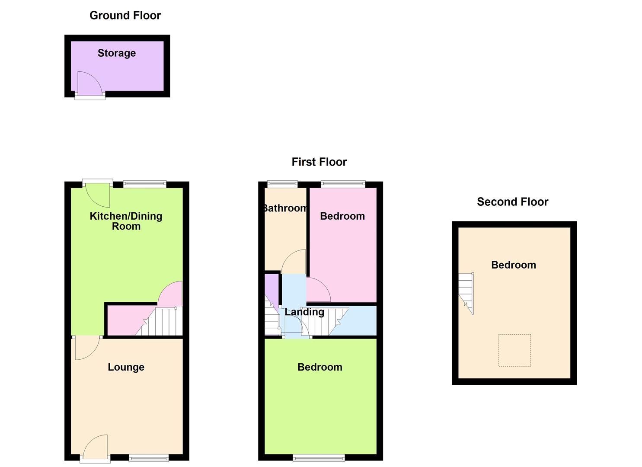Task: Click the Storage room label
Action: (x=117, y=53)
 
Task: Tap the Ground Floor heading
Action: (x=125, y=16)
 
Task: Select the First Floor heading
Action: (x=319, y=162)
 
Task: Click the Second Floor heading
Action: (x=512, y=202)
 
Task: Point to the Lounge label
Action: (x=126, y=367)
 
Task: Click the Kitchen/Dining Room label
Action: (x=126, y=221)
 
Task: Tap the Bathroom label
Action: (x=285, y=208)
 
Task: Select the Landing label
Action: (x=304, y=312)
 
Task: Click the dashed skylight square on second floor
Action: (x=514, y=350)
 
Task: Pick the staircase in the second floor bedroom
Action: (x=466, y=293)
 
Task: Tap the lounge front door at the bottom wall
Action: (x=96, y=448)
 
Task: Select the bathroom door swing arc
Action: (x=294, y=262)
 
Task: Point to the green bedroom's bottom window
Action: (x=319, y=457)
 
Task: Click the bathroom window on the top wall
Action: (x=283, y=184)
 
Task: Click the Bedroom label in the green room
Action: (x=320, y=367)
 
